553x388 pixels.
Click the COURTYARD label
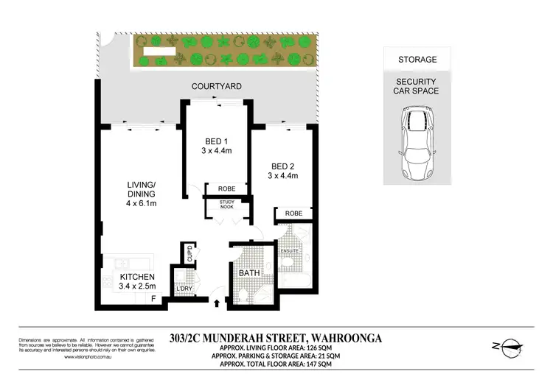point(217,87)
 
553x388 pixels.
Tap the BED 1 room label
point(217,142)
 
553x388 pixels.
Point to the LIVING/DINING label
point(141,189)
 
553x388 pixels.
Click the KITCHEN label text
point(137,277)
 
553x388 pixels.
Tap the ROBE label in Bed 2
point(294,214)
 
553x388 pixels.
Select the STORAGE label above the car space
point(417,60)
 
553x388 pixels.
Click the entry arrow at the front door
point(217,301)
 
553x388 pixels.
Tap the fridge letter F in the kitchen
point(154,298)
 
